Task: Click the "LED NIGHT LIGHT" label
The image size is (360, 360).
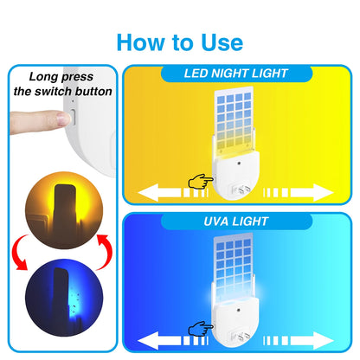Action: pos(235,75)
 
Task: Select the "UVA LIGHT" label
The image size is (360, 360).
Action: pos(235,223)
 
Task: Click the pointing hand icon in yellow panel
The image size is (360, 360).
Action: pos(200,183)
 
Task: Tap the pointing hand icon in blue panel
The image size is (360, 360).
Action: pos(200,330)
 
